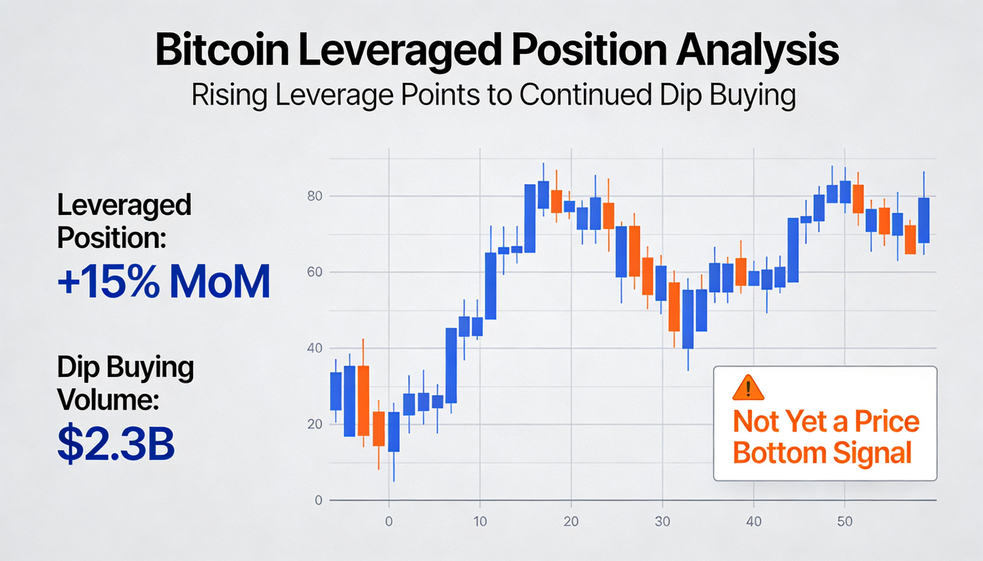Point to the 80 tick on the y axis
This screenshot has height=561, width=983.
coord(314,196)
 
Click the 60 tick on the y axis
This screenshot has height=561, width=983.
coord(314,272)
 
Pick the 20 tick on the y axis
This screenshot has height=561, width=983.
coord(314,424)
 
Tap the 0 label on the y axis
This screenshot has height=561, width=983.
coord(318,500)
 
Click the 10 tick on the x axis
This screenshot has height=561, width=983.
coord(480,522)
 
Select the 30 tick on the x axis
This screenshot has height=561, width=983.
coord(662,522)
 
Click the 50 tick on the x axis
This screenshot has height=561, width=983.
coord(844,522)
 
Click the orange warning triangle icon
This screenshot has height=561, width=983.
coord(748,388)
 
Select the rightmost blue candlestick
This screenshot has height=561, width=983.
coord(923,220)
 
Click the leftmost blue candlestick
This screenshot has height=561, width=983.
coord(336,391)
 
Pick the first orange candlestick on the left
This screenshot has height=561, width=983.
coord(363,401)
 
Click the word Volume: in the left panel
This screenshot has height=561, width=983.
coord(108,401)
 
